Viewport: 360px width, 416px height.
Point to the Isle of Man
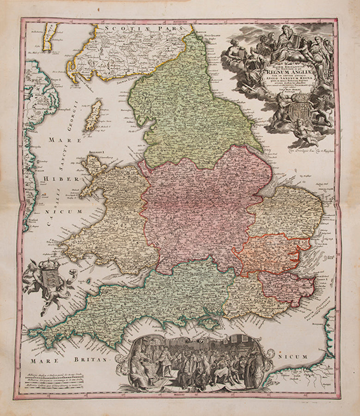(x=93, y=115)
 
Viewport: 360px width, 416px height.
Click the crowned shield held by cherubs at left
(x=47, y=278)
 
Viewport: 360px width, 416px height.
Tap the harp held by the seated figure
(x=296, y=43)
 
